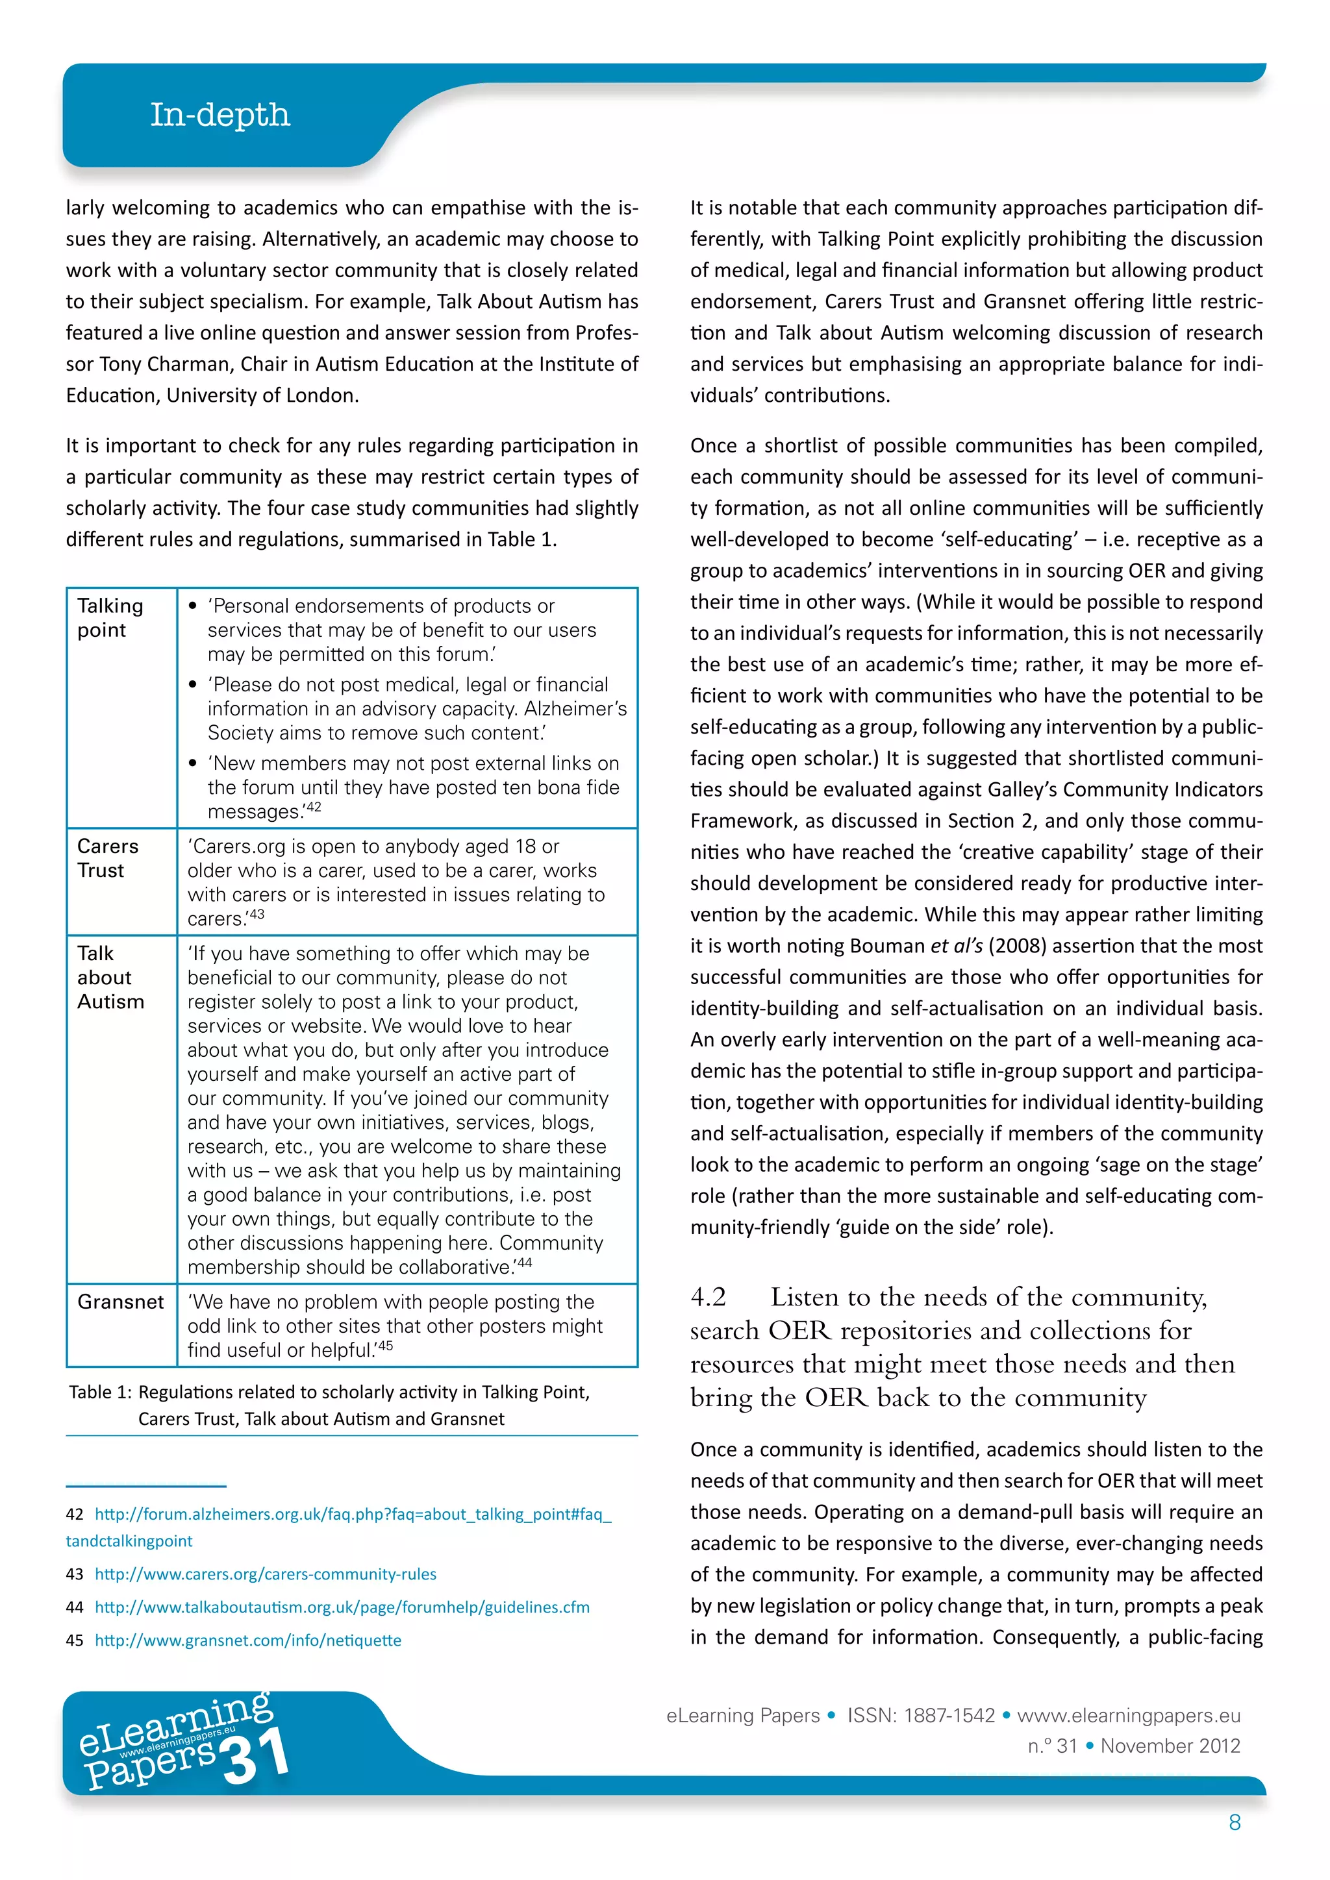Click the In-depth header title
[220, 115]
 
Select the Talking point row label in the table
[110, 617]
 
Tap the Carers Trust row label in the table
[107, 858]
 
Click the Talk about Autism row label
[110, 977]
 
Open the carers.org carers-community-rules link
[266, 1574]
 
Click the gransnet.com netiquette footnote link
[248, 1640]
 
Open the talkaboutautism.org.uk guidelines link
[342, 1607]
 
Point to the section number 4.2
[709, 1297]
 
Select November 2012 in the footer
[1170, 1746]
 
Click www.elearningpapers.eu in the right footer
[1129, 1715]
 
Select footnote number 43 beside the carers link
[75, 1574]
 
